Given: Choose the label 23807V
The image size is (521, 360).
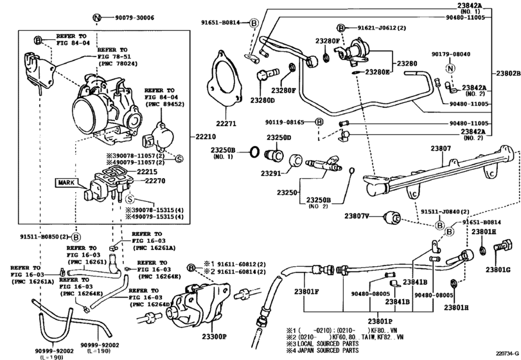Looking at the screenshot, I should [x=357, y=216].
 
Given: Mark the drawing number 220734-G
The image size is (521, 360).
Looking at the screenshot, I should [x=505, y=352].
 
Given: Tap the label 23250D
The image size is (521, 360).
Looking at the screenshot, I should [x=279, y=138].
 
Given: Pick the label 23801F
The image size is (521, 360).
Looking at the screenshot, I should [x=307, y=292].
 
